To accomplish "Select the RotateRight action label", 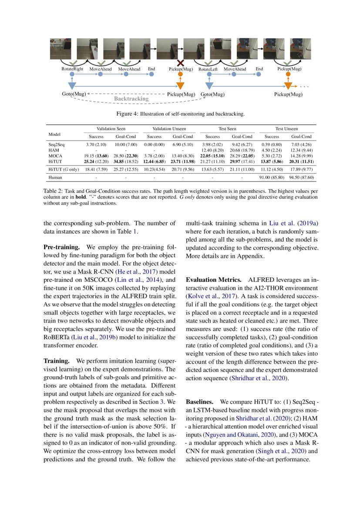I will coord(72,69).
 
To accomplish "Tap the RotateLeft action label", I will coord(209,69).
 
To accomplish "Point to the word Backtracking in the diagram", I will coord(131,99).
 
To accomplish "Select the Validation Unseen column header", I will coord(171,129).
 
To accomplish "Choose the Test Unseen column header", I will coord(286,129).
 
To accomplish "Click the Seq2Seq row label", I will coord(57,144).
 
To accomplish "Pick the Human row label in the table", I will coord(55,178).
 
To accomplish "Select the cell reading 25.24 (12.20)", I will coord(97,161).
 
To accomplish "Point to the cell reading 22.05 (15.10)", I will coord(213,155).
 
